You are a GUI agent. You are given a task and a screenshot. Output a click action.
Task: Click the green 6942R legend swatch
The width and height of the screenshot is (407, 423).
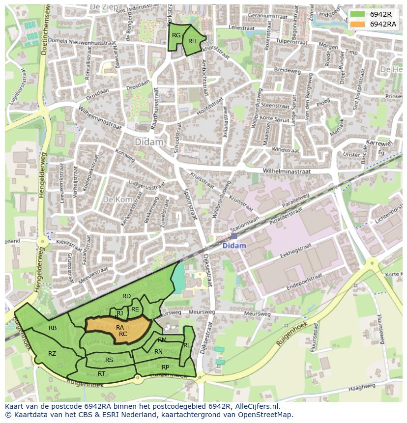(x=358, y=14)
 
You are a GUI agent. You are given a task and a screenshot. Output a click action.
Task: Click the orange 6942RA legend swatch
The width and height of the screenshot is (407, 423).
(x=358, y=24)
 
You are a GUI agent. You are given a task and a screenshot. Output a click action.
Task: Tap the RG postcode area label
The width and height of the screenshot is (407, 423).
(x=176, y=35)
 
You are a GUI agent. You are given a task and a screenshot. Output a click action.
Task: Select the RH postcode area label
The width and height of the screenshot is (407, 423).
(x=193, y=41)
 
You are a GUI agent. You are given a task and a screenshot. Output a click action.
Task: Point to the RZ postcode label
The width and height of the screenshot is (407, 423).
(x=52, y=353)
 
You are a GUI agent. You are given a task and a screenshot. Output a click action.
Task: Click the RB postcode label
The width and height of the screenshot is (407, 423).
(x=53, y=328)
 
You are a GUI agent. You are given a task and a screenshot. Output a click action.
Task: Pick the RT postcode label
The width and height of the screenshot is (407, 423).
(x=101, y=373)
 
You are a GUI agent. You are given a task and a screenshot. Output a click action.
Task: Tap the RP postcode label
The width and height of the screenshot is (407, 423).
(x=165, y=367)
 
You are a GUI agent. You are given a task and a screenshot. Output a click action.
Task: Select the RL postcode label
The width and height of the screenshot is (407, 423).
(x=187, y=345)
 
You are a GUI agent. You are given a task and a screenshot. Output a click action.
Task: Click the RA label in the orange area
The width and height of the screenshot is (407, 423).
(x=120, y=327)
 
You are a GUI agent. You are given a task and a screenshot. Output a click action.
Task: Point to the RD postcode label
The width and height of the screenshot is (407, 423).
(x=126, y=296)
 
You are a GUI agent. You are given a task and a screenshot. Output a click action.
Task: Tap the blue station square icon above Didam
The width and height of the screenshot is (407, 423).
(x=234, y=236)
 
